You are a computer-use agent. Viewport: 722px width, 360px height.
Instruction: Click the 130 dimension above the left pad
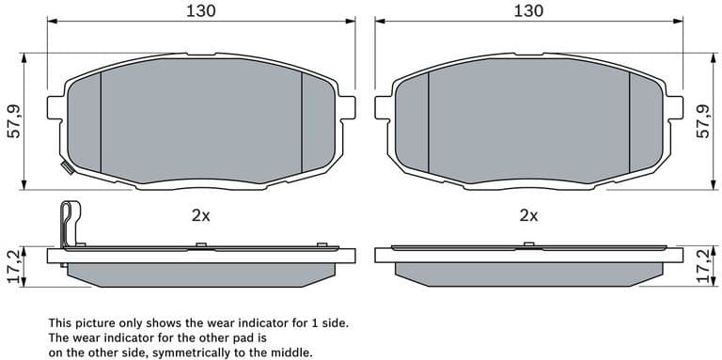pos(199,11)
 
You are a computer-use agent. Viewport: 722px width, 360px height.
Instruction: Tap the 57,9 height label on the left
pos(13,120)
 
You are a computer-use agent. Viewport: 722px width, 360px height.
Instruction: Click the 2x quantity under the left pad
pos(200,215)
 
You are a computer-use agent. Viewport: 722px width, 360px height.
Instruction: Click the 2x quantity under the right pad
pos(528,215)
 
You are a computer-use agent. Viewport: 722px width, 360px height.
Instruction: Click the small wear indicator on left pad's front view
pos(66,168)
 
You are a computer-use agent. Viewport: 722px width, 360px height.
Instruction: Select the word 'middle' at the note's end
pos(290,352)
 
